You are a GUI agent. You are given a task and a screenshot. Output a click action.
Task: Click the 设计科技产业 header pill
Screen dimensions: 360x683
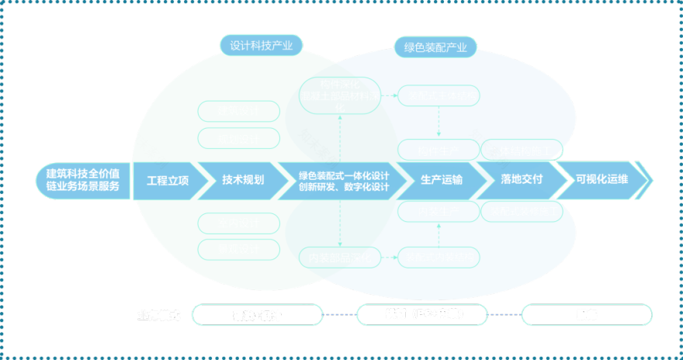(261, 46)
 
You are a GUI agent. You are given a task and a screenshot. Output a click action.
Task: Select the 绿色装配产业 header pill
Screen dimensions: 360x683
(435, 47)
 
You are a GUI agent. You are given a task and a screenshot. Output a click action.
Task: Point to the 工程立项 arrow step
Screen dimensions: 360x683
(168, 180)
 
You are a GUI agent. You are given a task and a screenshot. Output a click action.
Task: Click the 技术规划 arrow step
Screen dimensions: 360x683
(243, 180)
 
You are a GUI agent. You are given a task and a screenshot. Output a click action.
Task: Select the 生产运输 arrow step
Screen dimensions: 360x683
(441, 180)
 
